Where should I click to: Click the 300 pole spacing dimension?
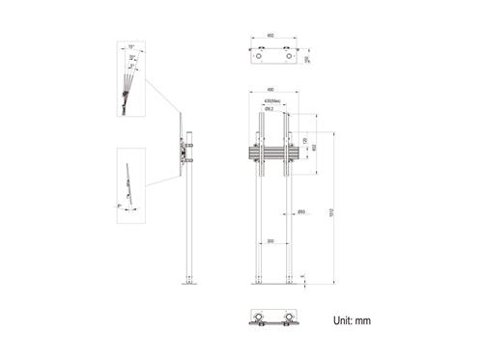coord(270,241)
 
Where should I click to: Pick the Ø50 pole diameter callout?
coord(301,211)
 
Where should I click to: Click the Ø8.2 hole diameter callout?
coord(271,109)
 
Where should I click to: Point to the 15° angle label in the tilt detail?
coord(130,47)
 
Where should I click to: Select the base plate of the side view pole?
coord(188,284)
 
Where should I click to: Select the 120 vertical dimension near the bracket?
coord(304,141)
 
